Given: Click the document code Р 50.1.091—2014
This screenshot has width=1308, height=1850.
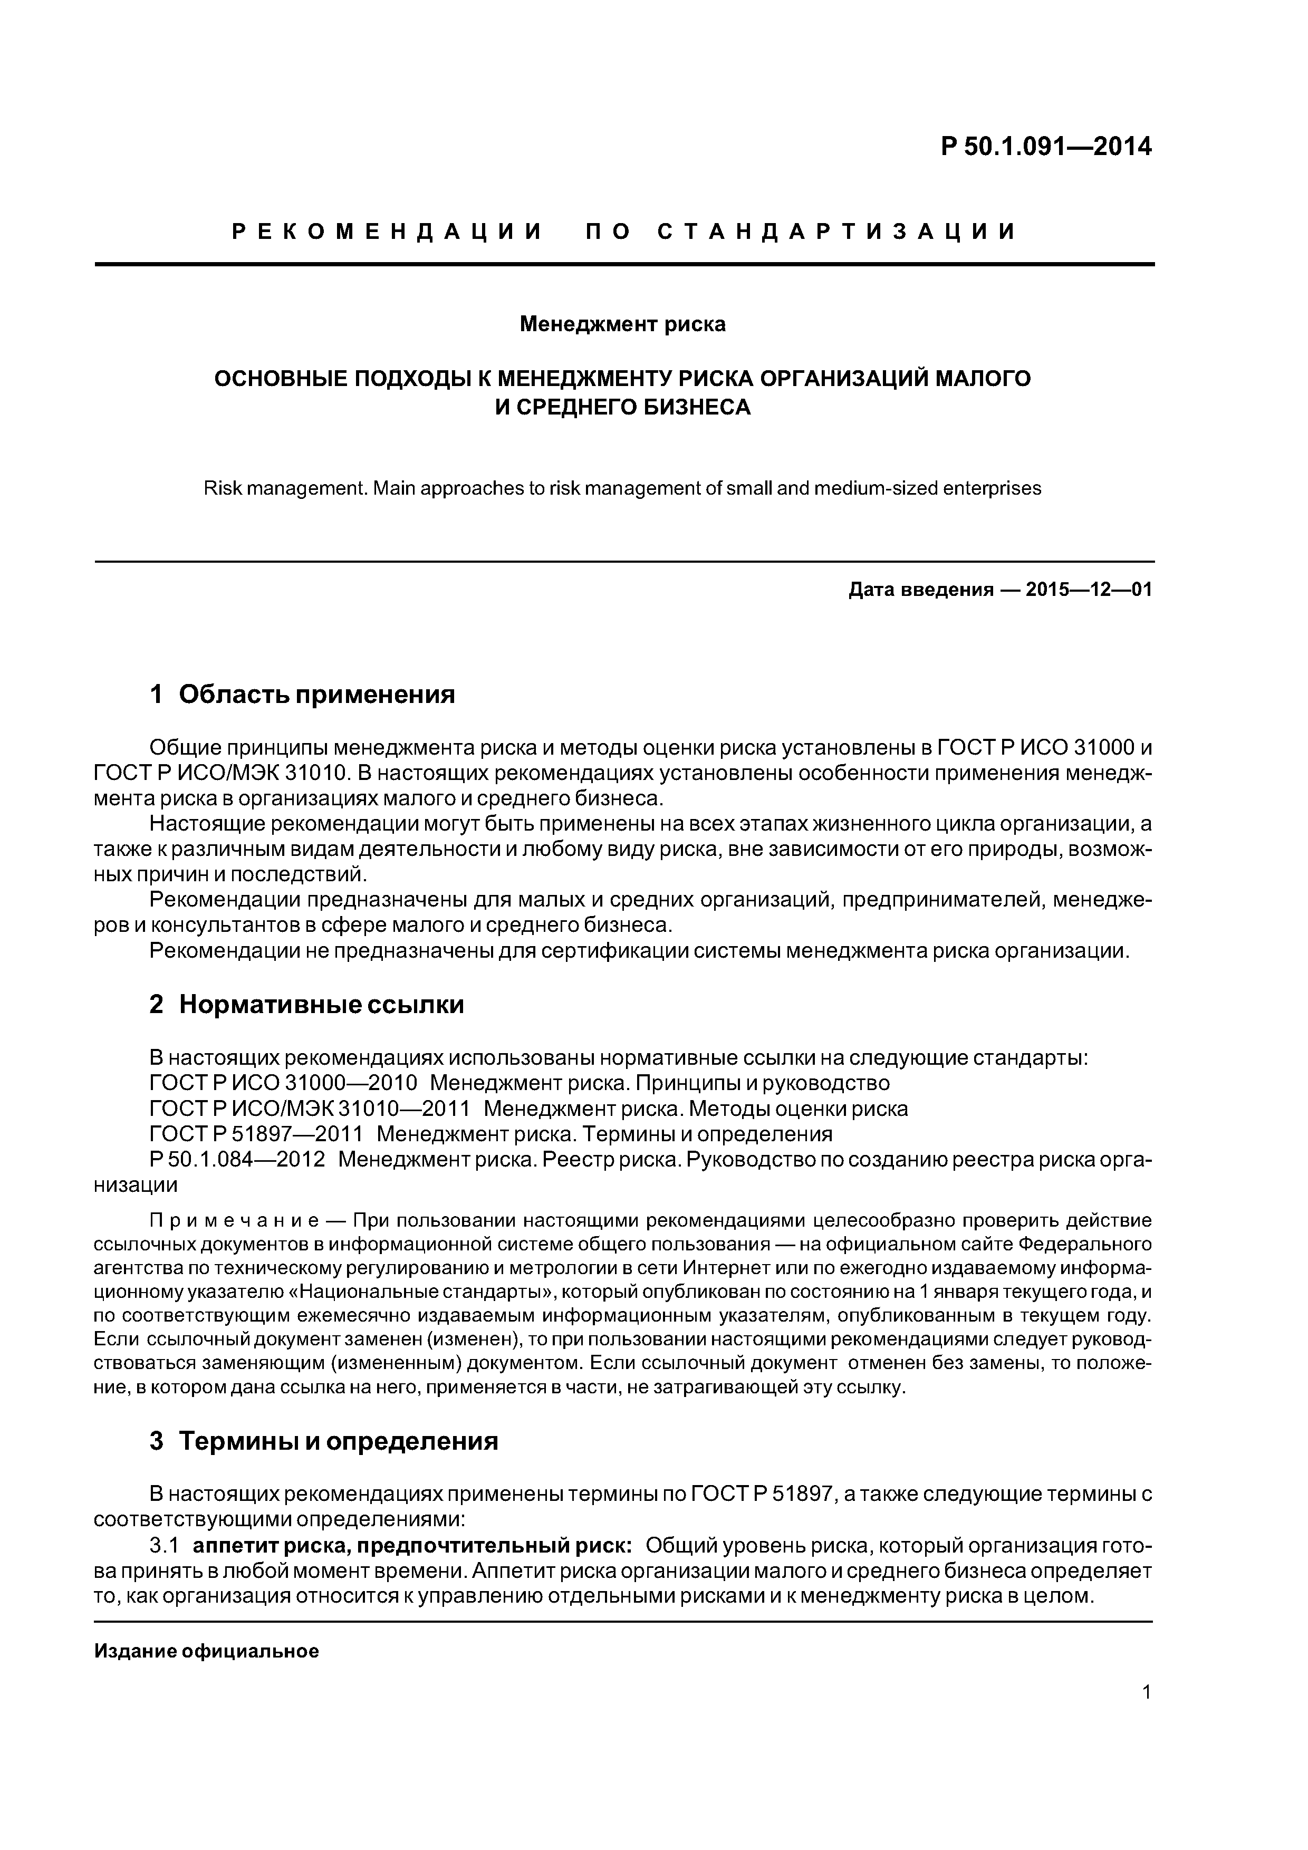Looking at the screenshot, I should pos(1046,147).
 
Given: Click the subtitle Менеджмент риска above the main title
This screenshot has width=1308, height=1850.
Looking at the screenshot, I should pos(622,324).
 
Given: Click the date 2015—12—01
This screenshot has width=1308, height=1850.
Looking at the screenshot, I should pos(1088,590).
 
